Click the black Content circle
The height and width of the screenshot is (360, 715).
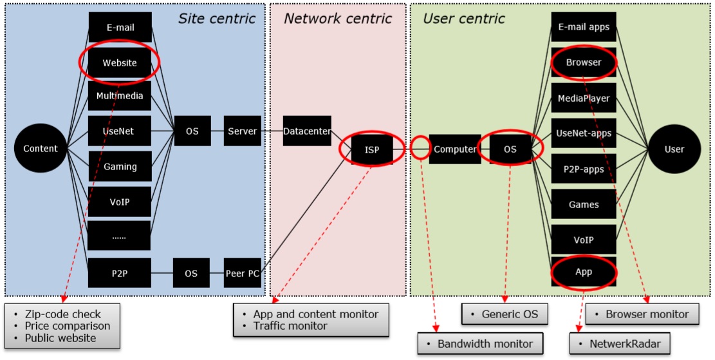(x=41, y=149)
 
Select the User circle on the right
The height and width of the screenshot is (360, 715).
(x=674, y=149)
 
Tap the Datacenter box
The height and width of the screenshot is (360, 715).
(x=307, y=131)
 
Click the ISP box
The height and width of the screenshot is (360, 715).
(x=372, y=150)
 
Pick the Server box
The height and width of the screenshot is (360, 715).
(x=242, y=131)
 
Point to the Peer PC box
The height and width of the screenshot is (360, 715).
(x=242, y=274)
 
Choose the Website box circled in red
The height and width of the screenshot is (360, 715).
(x=120, y=62)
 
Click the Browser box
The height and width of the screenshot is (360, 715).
(x=584, y=62)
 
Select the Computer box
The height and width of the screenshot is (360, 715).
(x=454, y=149)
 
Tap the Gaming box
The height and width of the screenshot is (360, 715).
(x=120, y=167)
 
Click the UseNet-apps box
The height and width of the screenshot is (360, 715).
(x=584, y=133)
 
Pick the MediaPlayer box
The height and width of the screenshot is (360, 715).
(x=584, y=99)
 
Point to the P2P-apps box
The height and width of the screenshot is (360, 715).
(x=584, y=169)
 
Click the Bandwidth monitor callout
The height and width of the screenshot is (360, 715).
(x=479, y=344)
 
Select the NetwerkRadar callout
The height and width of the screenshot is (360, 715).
(x=620, y=344)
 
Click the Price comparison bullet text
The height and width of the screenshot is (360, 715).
(x=67, y=326)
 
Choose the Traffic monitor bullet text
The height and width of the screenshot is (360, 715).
(x=290, y=326)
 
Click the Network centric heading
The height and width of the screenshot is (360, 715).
(x=338, y=19)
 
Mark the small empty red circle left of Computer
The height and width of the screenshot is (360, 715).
(x=420, y=147)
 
